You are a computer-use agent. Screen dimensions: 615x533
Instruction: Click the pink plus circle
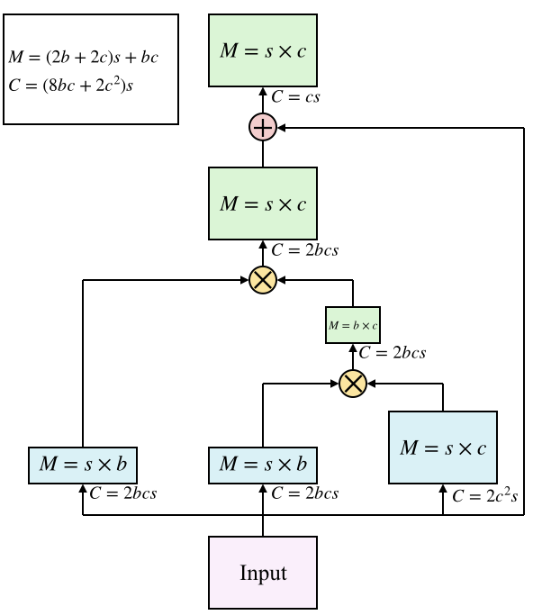click(x=263, y=129)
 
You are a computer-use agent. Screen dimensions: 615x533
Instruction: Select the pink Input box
click(x=263, y=573)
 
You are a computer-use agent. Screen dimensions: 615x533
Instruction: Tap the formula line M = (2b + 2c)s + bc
click(x=83, y=58)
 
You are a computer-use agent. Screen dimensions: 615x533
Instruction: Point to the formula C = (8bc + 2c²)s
click(x=76, y=86)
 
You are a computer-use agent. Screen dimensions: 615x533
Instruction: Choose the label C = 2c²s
click(x=485, y=495)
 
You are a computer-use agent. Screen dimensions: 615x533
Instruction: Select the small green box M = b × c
click(x=353, y=325)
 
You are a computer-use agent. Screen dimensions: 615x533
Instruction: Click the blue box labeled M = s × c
click(x=443, y=448)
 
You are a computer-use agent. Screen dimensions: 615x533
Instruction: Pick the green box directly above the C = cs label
click(x=263, y=50)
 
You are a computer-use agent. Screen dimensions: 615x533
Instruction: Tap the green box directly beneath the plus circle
click(x=263, y=203)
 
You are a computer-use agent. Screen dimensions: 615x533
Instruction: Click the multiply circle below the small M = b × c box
click(x=353, y=384)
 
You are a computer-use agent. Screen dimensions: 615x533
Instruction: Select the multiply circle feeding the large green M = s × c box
click(x=263, y=281)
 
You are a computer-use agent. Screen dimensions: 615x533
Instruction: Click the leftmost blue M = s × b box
click(x=83, y=465)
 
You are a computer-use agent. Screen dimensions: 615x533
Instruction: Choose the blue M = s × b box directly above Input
click(x=263, y=465)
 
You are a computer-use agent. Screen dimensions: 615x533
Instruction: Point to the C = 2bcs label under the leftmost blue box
click(x=124, y=493)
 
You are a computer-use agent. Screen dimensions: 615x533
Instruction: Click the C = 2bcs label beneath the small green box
click(x=393, y=353)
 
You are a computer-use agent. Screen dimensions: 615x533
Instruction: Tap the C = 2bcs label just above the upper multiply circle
click(x=304, y=249)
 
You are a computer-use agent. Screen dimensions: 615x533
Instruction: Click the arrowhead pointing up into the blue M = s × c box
click(x=443, y=489)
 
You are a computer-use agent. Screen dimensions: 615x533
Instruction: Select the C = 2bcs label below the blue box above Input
click(x=304, y=493)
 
